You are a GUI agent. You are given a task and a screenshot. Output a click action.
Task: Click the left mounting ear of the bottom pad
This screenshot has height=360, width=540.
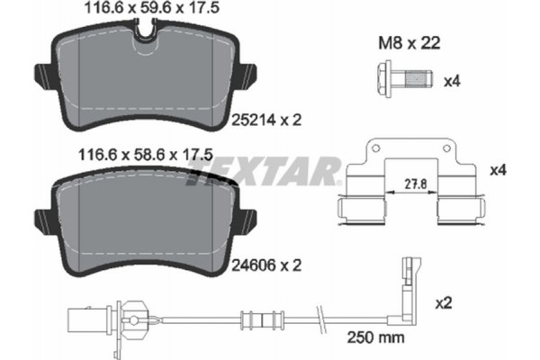pyautogui.click(x=41, y=218)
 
